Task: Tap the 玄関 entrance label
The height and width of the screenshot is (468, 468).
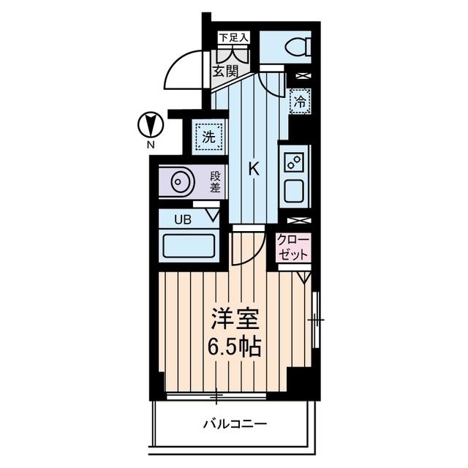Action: [x=225, y=72]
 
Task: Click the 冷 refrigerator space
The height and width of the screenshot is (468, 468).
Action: [x=300, y=102]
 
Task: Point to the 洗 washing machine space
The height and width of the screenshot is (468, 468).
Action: [x=208, y=135]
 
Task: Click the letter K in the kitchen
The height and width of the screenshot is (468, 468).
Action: [x=254, y=169]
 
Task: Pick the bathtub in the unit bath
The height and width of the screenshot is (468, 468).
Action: [x=188, y=244]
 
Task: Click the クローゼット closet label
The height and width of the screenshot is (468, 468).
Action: [x=293, y=246]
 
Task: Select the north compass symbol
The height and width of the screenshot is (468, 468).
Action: [x=149, y=125]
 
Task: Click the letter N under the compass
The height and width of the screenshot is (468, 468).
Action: [x=149, y=145]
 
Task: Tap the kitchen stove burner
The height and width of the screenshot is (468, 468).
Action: [x=297, y=162]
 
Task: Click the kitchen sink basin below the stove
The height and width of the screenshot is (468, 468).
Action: [x=297, y=190]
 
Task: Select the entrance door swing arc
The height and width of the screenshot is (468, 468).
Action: [x=181, y=69]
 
